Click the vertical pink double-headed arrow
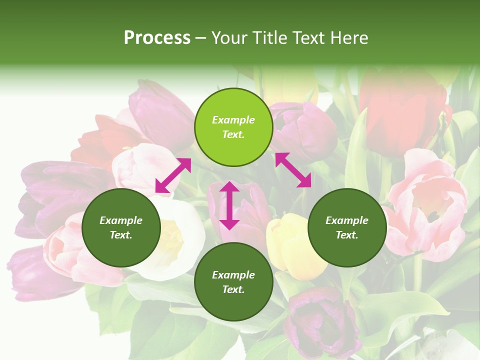click(229, 205)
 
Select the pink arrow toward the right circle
click(293, 170)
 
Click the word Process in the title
click(157, 38)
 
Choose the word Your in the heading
click(230, 38)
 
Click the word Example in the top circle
click(233, 120)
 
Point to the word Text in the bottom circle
click(233, 289)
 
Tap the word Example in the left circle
click(121, 220)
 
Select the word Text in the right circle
click(347, 235)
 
